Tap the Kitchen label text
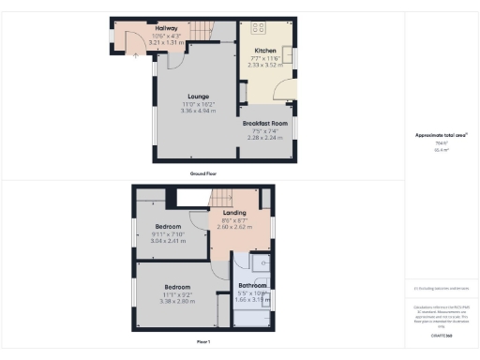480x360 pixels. pyautogui.click(x=265, y=51)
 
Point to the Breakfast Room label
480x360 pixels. pyautogui.click(x=263, y=122)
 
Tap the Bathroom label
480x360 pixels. pyautogui.click(x=252, y=285)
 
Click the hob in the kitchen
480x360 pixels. pyautogui.click(x=259, y=26)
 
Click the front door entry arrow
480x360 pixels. pyautogui.click(x=152, y=56)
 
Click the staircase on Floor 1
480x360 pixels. pyautogui.click(x=221, y=198)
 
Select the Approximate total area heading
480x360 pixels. pyautogui.click(x=441, y=135)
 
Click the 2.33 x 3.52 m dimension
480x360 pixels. pyautogui.click(x=265, y=65)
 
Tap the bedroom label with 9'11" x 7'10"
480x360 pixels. pyautogui.click(x=169, y=226)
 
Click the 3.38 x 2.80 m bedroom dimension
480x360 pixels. pyautogui.click(x=178, y=301)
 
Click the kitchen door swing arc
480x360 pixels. pyautogui.click(x=277, y=91)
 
